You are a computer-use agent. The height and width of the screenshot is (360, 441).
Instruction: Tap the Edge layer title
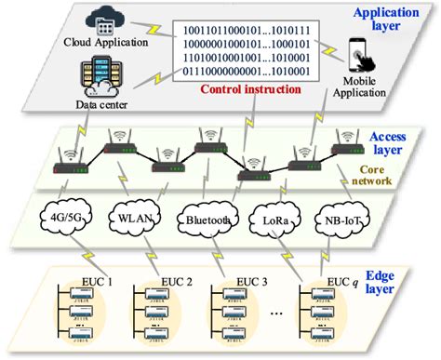click(402, 274)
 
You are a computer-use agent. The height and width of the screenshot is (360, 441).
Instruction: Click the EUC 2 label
click(149, 280)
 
